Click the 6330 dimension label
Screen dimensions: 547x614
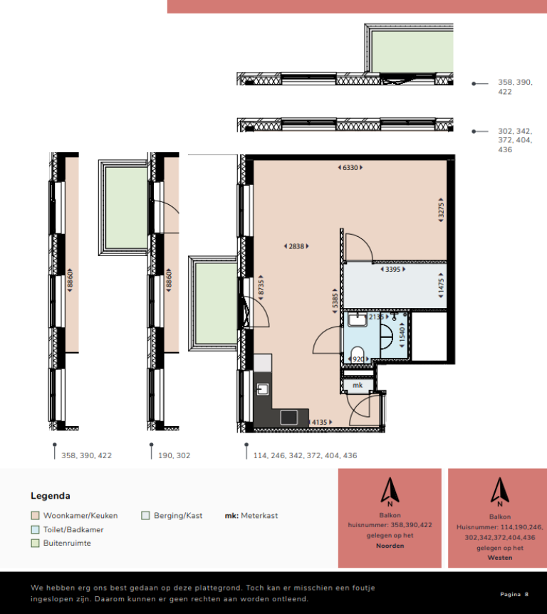pos(350,168)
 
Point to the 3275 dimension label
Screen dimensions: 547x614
pos(441,210)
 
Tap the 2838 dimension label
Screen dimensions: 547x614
pos(296,246)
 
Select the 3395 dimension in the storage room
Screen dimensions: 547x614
pos(393,270)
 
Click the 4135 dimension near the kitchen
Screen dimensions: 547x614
pos(320,422)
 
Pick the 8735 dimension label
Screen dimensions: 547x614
pos(261,288)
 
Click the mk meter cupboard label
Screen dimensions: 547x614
pos(358,386)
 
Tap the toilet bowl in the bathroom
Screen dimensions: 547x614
pos(358,354)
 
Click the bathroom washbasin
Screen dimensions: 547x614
pos(358,319)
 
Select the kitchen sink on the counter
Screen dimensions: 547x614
pos(263,389)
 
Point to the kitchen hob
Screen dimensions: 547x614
pos(288,418)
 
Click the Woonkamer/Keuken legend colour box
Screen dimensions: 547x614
pos(36,515)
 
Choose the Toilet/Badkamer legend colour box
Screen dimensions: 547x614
pos(36,529)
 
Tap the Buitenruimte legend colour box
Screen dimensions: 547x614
pos(36,543)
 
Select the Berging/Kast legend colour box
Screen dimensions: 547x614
pos(145,515)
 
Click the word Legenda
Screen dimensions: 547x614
pos(51,496)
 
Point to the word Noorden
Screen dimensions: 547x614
pos(390,546)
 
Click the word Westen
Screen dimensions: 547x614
pos(500,558)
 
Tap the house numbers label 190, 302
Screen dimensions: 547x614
pos(174,455)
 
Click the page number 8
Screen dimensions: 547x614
pos(526,594)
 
